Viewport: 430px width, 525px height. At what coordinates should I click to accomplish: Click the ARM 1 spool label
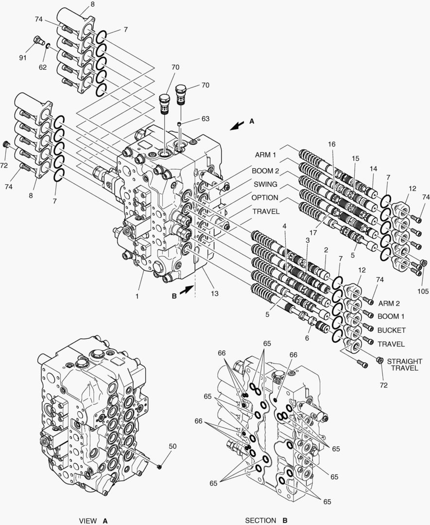[x=265, y=155]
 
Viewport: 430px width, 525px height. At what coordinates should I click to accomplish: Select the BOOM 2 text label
[x=265, y=171]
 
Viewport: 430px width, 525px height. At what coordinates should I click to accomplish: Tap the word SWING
[x=265, y=185]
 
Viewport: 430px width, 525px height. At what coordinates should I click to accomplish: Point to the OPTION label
[x=265, y=198]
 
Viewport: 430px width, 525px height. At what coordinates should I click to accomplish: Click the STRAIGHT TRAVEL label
[x=403, y=365]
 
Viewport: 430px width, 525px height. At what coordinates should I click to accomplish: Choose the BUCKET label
[x=391, y=331]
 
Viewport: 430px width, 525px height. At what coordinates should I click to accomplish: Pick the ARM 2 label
[x=389, y=303]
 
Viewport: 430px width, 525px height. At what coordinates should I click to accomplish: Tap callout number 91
[x=23, y=58]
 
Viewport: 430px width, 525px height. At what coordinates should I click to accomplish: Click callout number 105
[x=423, y=291]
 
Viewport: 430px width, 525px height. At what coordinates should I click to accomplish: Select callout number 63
[x=206, y=118]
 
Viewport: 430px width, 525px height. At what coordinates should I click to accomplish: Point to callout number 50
[x=172, y=446]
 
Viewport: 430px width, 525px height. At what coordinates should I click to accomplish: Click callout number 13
[x=214, y=293]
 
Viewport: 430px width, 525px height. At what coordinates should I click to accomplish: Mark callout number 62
[x=43, y=67]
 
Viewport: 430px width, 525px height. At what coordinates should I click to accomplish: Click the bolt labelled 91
[x=38, y=40]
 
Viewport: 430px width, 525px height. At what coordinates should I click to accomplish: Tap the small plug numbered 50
[x=159, y=467]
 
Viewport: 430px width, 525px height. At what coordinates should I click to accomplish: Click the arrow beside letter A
[x=237, y=125]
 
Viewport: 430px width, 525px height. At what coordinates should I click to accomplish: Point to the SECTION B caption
[x=266, y=521]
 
